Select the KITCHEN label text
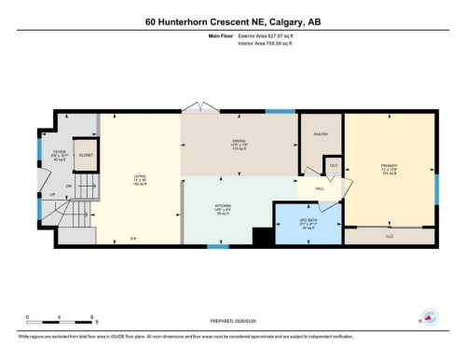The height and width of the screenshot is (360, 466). [226, 207]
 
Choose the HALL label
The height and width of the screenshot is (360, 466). [320, 187]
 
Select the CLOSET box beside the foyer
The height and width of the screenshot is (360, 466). [86, 155]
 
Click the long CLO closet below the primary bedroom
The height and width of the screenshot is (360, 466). [390, 237]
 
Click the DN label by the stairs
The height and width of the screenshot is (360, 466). [70, 185]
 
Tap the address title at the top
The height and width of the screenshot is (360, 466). [233, 21]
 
